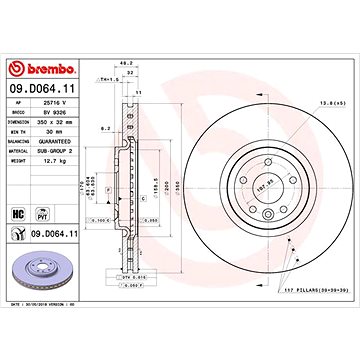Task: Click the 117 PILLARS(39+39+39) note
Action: coord(300,290)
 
